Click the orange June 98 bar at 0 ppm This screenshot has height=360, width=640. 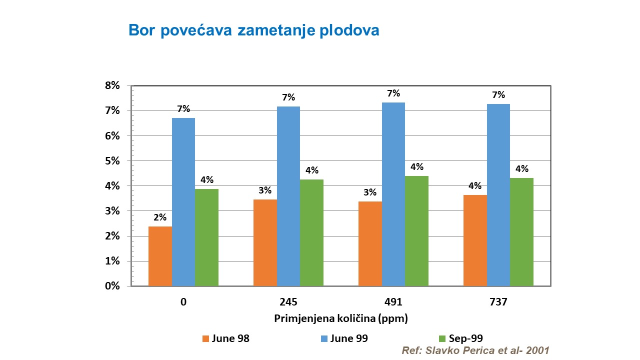click(160, 256)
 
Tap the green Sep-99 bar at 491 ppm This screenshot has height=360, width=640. click(416, 231)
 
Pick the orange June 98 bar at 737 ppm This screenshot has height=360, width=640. click(475, 240)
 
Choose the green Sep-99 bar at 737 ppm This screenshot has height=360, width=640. click(521, 232)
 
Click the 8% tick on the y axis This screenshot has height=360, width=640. click(112, 85)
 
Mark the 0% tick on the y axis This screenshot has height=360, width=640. click(112, 286)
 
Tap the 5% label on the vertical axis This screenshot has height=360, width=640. click(112, 161)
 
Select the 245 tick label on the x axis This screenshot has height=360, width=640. click(288, 302)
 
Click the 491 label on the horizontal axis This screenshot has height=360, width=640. click(393, 302)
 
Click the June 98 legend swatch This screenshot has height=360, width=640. click(205, 338)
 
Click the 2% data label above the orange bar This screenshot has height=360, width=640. click(160, 218)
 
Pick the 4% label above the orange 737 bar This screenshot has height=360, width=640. click(475, 186)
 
